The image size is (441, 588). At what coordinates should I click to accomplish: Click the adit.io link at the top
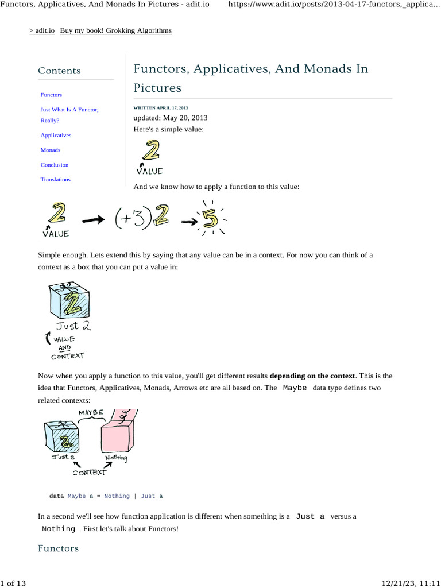(45, 30)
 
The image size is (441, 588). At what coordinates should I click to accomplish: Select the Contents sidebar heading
(59, 71)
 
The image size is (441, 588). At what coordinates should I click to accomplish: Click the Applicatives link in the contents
(56, 136)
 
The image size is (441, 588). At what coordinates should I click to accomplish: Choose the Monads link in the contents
(50, 150)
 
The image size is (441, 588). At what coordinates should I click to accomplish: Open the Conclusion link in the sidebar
(54, 165)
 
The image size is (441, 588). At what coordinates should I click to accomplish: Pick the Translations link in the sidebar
(55, 180)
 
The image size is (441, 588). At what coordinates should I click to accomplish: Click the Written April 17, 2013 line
(160, 108)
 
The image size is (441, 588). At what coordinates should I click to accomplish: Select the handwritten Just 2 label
(72, 326)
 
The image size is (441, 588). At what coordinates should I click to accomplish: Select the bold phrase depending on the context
(312, 376)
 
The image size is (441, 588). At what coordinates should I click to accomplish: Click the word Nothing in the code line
(117, 496)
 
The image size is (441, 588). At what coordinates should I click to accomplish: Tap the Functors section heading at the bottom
(58, 548)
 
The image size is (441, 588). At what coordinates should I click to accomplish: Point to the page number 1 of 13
(13, 583)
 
